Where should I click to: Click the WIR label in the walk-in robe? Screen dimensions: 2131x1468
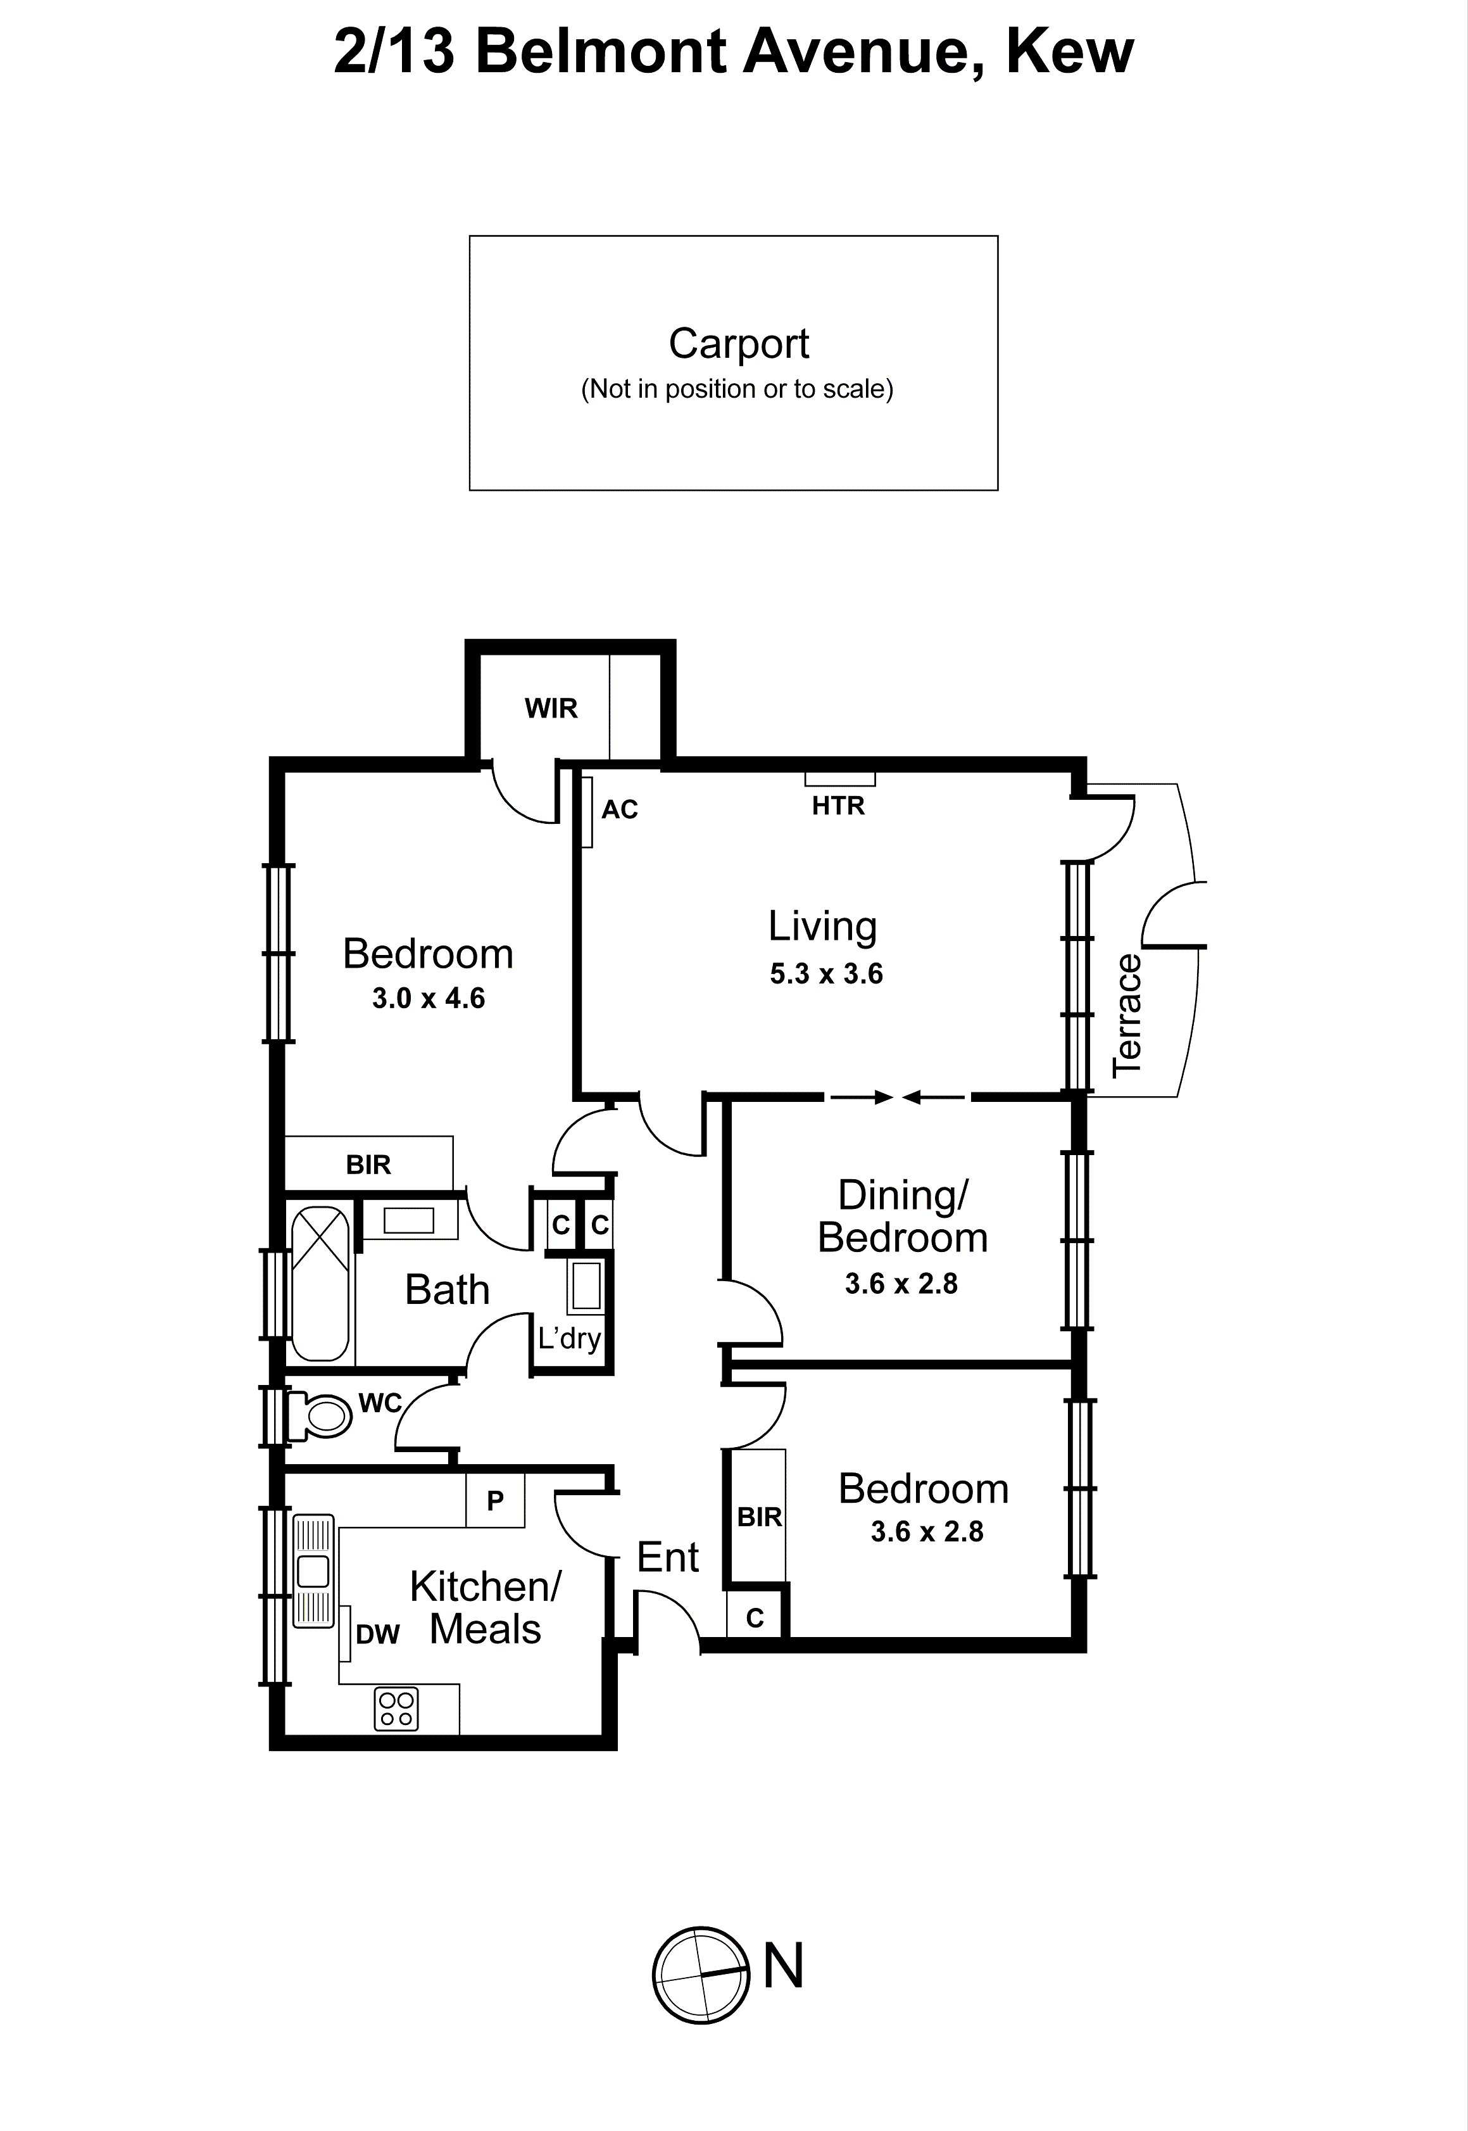[551, 709]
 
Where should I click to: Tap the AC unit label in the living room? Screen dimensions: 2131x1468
[619, 810]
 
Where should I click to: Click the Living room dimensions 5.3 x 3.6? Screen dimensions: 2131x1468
[826, 973]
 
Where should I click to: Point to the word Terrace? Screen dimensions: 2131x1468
[1127, 1015]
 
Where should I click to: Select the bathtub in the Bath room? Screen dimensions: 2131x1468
[320, 1284]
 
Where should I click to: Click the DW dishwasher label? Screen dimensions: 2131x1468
[377, 1634]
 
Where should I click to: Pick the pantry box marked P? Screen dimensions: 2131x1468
[495, 1501]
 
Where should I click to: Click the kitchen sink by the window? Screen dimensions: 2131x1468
[313, 1572]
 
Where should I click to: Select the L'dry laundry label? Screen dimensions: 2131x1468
[569, 1338]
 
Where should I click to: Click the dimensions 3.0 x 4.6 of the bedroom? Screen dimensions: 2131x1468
[428, 998]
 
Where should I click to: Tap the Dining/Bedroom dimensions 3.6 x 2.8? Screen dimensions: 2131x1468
[901, 1284]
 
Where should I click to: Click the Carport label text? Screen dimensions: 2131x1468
[739, 344]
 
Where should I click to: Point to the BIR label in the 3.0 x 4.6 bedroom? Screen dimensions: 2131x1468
[368, 1165]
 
